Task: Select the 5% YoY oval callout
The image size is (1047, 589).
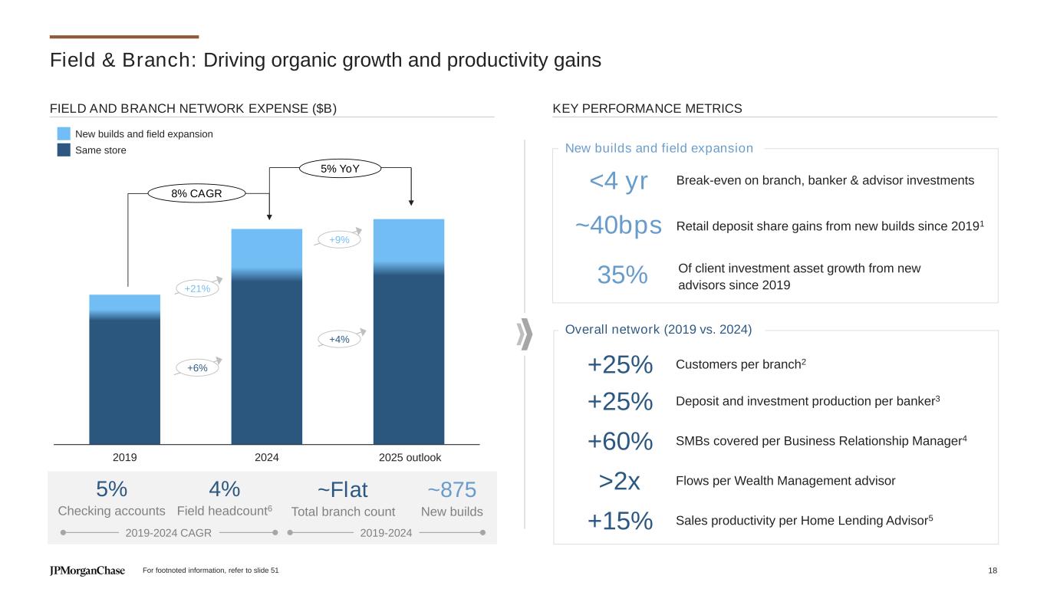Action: tap(340, 169)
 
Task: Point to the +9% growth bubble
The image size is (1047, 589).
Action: tap(339, 240)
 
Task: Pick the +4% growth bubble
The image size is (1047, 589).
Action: tap(339, 339)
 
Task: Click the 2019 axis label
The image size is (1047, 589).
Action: tap(125, 458)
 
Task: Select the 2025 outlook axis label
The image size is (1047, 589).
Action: tap(410, 458)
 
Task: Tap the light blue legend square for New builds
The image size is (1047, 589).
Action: tap(64, 134)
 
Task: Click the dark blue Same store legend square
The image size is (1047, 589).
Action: tap(64, 150)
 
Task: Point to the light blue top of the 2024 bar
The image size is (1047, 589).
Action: tap(266, 248)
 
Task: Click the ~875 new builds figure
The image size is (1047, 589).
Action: tap(452, 489)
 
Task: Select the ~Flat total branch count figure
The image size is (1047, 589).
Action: tap(343, 489)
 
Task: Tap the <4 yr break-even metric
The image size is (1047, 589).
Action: tap(618, 181)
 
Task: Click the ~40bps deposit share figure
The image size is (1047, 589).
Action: tap(618, 225)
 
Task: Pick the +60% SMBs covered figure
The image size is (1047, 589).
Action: tap(620, 442)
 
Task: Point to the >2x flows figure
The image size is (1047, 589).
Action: tap(620, 482)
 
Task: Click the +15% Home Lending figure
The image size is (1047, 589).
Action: tap(620, 521)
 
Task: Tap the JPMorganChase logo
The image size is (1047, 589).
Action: tap(87, 571)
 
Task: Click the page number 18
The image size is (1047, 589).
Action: tap(993, 571)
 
